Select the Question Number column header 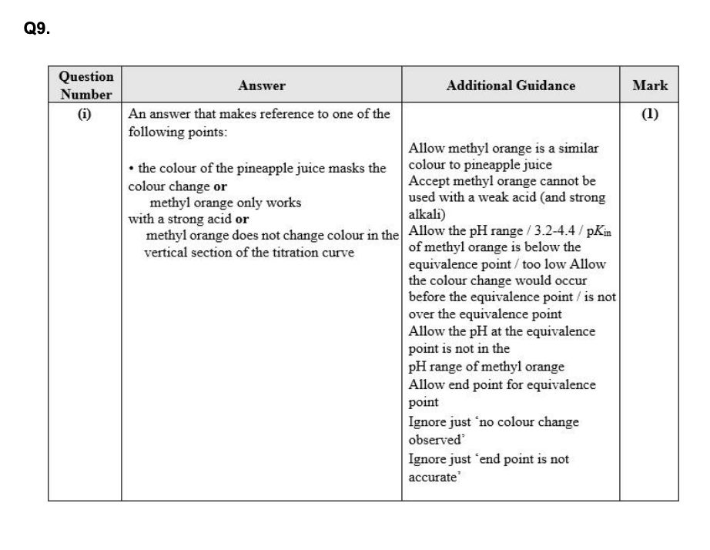[x=85, y=86]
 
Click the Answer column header [x=261, y=86]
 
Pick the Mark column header [x=649, y=86]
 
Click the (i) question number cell [x=84, y=114]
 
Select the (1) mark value [x=649, y=114]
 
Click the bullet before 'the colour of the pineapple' [x=132, y=169]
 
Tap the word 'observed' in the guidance [x=433, y=439]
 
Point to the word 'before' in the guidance [x=426, y=297]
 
